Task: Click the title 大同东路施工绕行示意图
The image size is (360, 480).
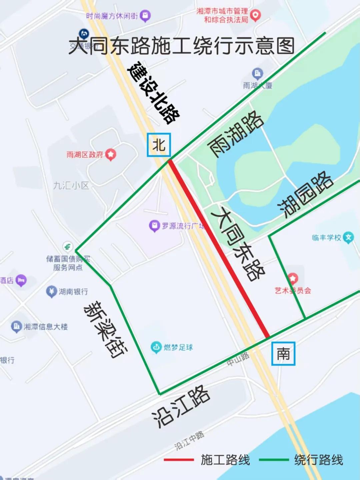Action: click(182, 46)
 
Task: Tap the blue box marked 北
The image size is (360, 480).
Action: click(159, 145)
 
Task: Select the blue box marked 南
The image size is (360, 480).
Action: click(283, 353)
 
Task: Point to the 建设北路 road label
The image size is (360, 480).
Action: click(154, 92)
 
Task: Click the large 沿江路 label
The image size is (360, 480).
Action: click(181, 407)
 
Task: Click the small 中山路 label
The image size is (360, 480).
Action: click(238, 359)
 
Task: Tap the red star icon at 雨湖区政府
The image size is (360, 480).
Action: click(111, 154)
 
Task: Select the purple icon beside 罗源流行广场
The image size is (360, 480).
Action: click(154, 226)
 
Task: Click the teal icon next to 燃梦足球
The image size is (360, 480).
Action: click(156, 347)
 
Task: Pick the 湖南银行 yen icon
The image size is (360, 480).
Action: click(51, 292)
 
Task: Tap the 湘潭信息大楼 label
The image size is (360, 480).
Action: click(45, 327)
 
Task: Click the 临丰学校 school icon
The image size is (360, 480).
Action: click(348, 237)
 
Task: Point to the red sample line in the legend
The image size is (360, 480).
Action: click(179, 460)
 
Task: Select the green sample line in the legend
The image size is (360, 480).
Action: click(274, 460)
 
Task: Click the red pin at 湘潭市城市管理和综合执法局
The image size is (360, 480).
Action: click(255, 15)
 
